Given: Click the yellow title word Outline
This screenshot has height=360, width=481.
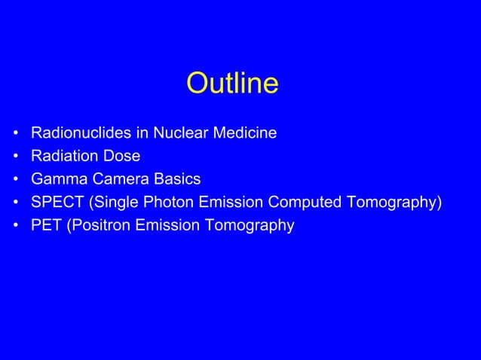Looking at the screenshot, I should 232,84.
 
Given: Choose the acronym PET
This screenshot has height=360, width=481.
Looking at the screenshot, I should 46,224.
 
